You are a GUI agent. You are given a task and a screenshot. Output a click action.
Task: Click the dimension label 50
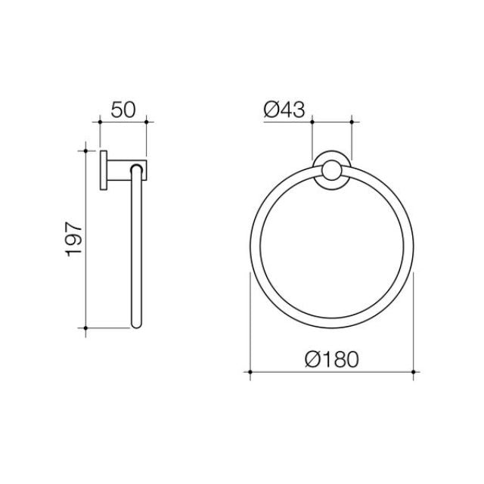(x=123, y=107)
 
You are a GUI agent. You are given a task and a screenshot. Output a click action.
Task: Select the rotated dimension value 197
(x=74, y=239)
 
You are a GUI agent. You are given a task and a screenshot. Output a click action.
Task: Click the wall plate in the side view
(x=103, y=169)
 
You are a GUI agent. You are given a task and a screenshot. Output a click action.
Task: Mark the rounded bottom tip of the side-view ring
(x=136, y=326)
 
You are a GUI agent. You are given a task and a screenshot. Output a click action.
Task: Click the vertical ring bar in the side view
(x=136, y=250)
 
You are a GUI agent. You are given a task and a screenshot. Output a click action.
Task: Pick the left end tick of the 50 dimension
(x=100, y=119)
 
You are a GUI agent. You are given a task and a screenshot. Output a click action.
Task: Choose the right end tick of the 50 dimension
(x=147, y=119)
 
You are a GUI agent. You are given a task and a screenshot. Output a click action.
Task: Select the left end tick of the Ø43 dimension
(x=312, y=119)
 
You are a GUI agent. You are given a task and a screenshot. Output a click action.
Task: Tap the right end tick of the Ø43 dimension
(x=352, y=119)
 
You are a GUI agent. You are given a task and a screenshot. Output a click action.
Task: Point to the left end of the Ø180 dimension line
(x=250, y=371)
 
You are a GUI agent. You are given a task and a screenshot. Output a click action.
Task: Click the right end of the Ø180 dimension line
(x=412, y=371)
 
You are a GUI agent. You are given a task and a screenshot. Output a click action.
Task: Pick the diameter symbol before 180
(x=306, y=358)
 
